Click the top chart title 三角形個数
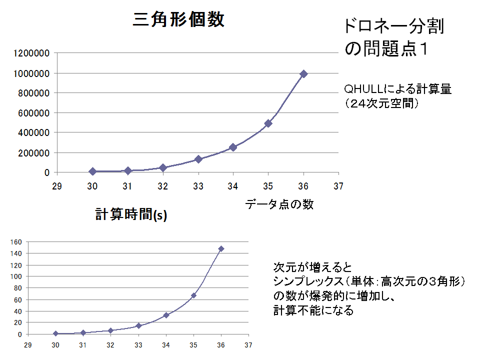click(x=178, y=20)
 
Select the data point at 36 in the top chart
click(x=303, y=74)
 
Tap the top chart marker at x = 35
click(x=268, y=123)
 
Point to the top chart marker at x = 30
click(x=92, y=171)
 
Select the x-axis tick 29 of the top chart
click(x=57, y=186)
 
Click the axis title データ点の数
click(x=279, y=204)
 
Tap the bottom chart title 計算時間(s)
click(x=131, y=214)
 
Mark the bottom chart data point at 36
click(x=221, y=248)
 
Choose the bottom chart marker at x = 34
click(x=166, y=315)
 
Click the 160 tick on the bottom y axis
click(x=17, y=242)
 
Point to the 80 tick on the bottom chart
click(x=18, y=288)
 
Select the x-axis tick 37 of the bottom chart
click(x=248, y=344)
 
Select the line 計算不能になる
click(x=313, y=310)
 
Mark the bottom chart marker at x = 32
click(x=111, y=330)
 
